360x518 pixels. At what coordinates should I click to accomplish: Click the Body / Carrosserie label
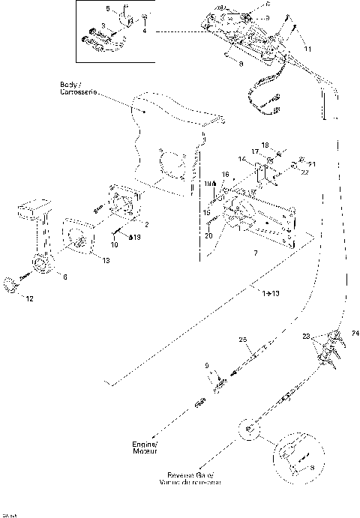tap(77, 91)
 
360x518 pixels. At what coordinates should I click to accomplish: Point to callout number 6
tap(64, 277)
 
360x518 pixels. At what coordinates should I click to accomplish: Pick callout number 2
tap(145, 225)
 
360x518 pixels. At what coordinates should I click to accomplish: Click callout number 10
tap(115, 244)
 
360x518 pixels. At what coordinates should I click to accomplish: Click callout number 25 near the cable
tap(242, 340)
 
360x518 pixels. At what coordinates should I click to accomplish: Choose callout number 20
tap(209, 235)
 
